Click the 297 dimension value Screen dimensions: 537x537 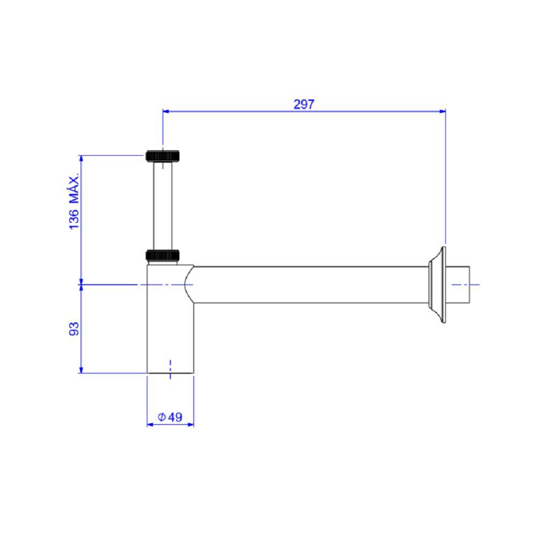(303, 104)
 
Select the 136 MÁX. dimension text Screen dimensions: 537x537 (74, 201)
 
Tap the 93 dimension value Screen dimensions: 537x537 (74, 329)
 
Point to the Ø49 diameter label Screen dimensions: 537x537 (170, 417)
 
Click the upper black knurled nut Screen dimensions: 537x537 (163, 156)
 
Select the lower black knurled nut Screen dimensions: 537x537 (163, 255)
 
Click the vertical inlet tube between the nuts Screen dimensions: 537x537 (163, 206)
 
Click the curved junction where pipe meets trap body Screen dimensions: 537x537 (188, 285)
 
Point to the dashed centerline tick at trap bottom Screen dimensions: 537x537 (170, 369)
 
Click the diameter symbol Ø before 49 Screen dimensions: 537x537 (161, 417)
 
